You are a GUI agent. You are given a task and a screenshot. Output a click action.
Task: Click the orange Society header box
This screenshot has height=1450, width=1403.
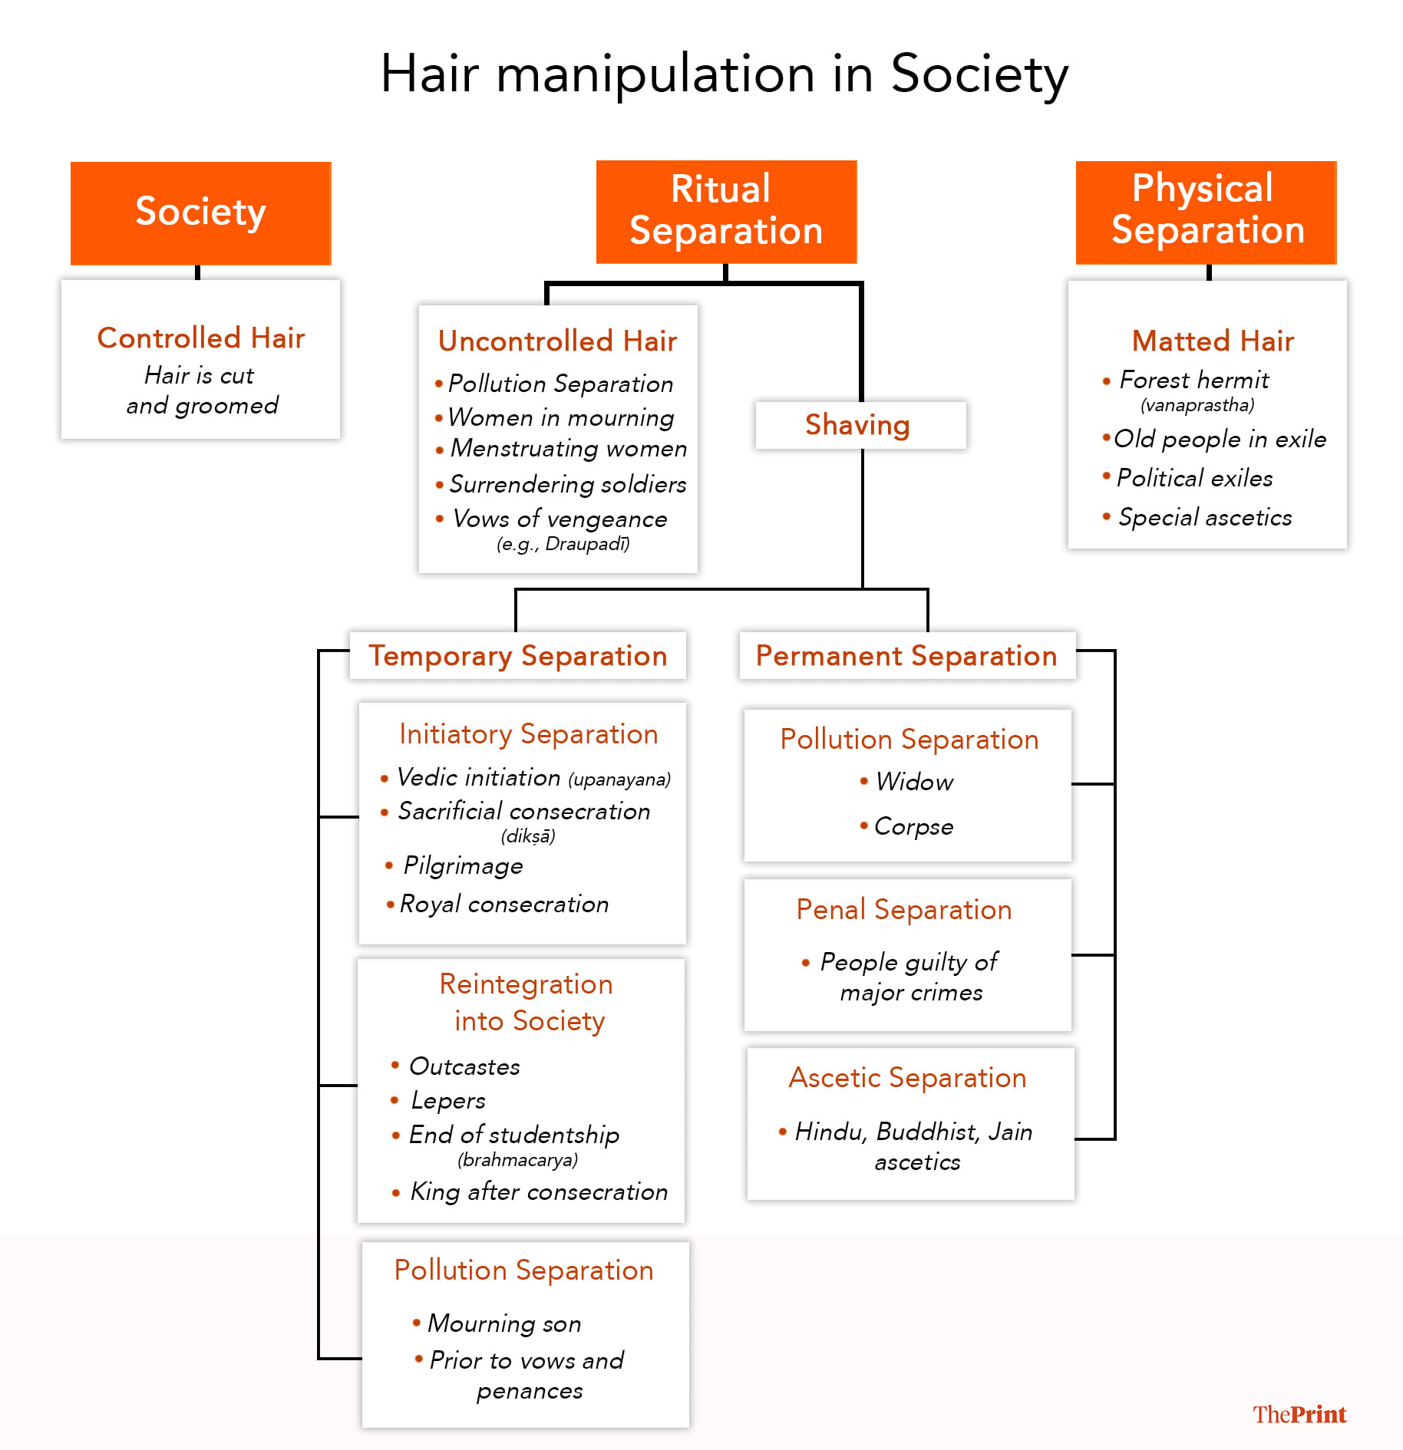[200, 213]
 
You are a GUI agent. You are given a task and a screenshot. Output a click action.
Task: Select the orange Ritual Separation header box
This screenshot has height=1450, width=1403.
[726, 211]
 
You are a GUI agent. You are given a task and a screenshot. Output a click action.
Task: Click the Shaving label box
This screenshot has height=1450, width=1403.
[860, 425]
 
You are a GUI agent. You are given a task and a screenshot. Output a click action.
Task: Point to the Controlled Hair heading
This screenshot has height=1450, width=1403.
[201, 338]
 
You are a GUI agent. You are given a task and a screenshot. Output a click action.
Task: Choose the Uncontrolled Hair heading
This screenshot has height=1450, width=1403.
[557, 341]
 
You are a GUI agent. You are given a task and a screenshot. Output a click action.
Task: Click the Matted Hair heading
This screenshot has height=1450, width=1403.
[1213, 341]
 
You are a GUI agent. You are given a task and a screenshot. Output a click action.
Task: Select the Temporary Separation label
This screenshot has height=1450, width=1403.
[518, 656]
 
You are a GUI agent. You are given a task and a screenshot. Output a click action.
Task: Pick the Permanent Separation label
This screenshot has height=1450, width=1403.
[906, 656]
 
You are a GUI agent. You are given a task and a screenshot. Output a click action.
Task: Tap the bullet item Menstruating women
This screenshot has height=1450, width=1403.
[568, 448]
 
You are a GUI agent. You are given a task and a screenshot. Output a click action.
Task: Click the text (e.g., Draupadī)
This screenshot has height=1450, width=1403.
[563, 544]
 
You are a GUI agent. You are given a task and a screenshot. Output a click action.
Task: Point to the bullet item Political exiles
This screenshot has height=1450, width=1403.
[1194, 478]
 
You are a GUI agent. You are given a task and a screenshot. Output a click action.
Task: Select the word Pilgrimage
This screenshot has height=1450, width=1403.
[463, 865]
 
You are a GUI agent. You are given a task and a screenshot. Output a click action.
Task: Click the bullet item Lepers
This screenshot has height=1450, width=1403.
[448, 1100]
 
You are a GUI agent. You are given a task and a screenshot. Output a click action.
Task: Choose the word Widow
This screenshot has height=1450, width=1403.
[914, 782]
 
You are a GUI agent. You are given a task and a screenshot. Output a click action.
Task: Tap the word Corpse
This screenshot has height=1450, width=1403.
[913, 826]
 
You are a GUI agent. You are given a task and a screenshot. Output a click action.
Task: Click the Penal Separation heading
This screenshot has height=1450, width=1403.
[904, 910]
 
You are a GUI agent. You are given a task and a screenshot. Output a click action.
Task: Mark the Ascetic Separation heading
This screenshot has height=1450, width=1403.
[907, 1078]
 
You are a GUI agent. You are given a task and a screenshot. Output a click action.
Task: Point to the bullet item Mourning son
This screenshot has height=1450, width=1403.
[504, 1323]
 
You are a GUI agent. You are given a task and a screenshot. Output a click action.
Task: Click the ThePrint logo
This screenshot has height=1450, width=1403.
[1299, 1414]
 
